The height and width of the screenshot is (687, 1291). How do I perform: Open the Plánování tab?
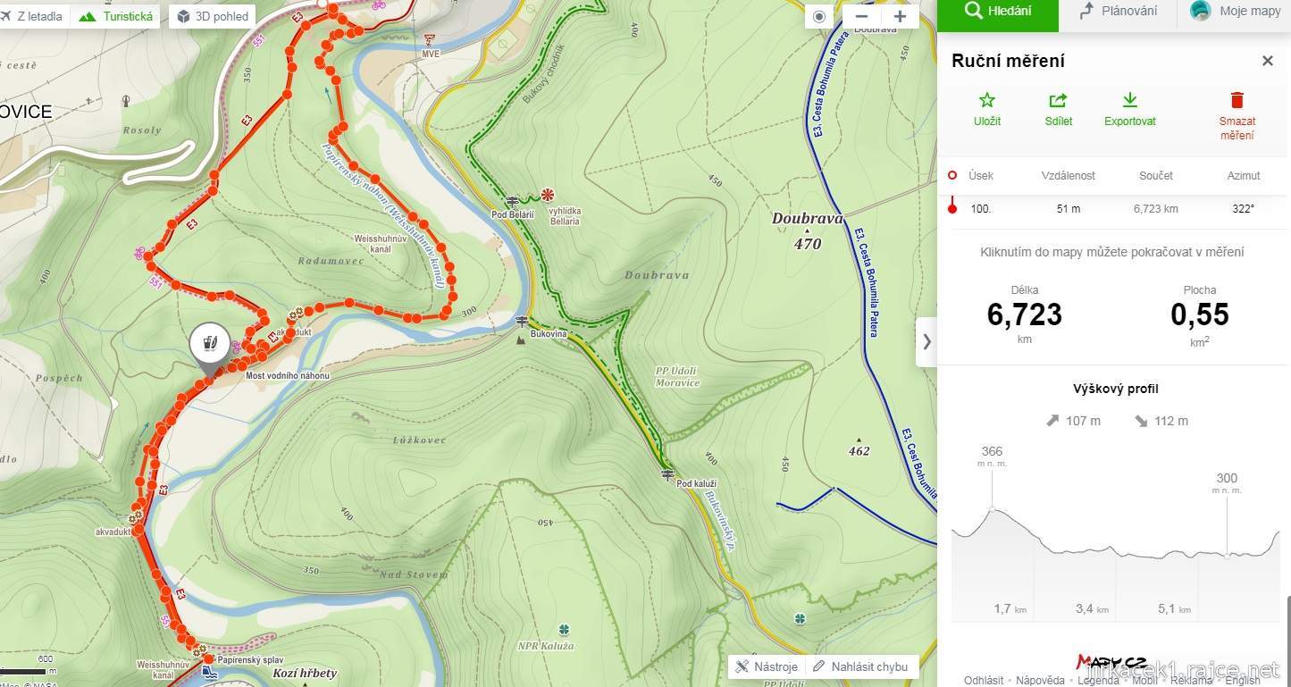coord(1118,12)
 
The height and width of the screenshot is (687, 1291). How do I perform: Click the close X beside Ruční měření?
coord(1267,61)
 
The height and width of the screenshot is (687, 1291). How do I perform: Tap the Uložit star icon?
coord(986,100)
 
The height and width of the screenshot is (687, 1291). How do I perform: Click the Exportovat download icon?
coord(1129,100)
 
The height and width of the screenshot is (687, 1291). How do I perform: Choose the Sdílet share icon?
coord(1058,100)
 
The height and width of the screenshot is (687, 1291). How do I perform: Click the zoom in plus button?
coord(900,16)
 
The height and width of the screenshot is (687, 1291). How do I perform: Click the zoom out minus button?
coord(861,16)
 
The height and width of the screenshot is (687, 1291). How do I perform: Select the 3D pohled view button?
coord(213,16)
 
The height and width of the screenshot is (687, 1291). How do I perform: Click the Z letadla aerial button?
coord(33,16)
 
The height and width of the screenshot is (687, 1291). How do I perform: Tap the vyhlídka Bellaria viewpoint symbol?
coord(547,195)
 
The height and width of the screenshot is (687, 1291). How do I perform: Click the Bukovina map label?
coord(549,334)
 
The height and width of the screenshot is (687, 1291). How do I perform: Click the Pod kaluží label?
coord(696,483)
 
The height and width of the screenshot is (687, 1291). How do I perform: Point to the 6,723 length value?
coord(1024,314)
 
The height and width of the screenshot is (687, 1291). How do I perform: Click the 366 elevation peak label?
coord(992,452)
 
